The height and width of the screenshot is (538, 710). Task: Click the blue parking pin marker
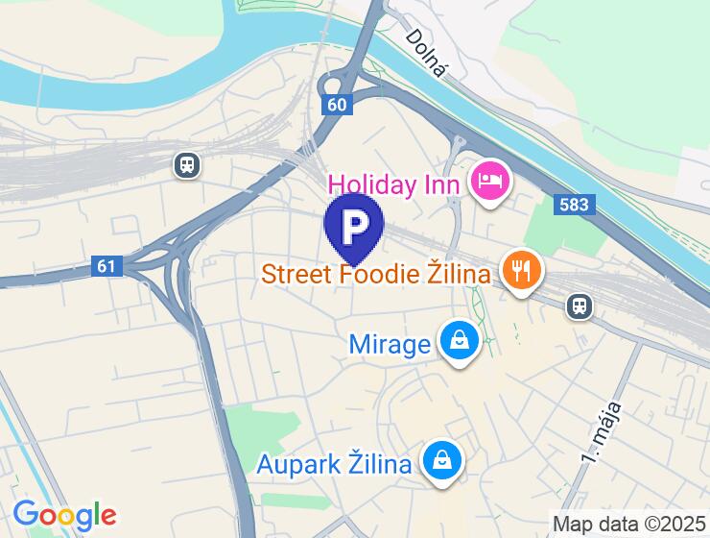pyautogui.click(x=354, y=228)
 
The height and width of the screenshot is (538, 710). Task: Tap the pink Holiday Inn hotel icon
pyautogui.click(x=490, y=180)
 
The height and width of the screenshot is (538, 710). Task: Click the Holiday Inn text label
pyautogui.click(x=396, y=183)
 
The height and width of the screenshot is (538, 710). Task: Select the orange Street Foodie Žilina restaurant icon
pyautogui.click(x=521, y=271)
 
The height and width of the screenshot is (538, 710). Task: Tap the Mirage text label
pyautogui.click(x=390, y=344)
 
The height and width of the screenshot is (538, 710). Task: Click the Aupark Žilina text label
pyautogui.click(x=334, y=465)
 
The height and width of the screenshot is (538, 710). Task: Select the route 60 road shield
pyautogui.click(x=336, y=105)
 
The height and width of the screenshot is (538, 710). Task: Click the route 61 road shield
pyautogui.click(x=108, y=265)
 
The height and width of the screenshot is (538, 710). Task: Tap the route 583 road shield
pyautogui.click(x=575, y=205)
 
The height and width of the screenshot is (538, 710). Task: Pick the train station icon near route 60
pyautogui.click(x=188, y=165)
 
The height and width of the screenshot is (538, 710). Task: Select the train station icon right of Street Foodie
pyautogui.click(x=579, y=306)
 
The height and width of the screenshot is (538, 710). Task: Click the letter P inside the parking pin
pyautogui.click(x=354, y=225)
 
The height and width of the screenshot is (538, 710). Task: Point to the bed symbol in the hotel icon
pyautogui.click(x=490, y=179)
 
